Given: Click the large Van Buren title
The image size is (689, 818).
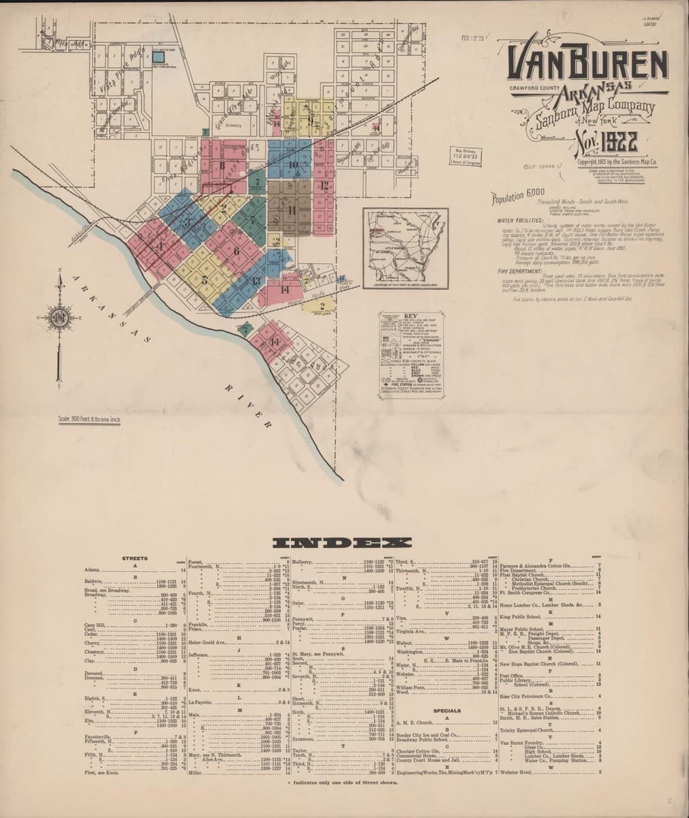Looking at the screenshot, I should pyautogui.click(x=587, y=65).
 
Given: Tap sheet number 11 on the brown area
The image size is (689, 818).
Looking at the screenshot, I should pyautogui.click(x=292, y=209).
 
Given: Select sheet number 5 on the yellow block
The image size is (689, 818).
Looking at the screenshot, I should pyautogui.click(x=204, y=279).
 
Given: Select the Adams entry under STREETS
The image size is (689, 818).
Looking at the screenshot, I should pyautogui.click(x=93, y=569).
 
